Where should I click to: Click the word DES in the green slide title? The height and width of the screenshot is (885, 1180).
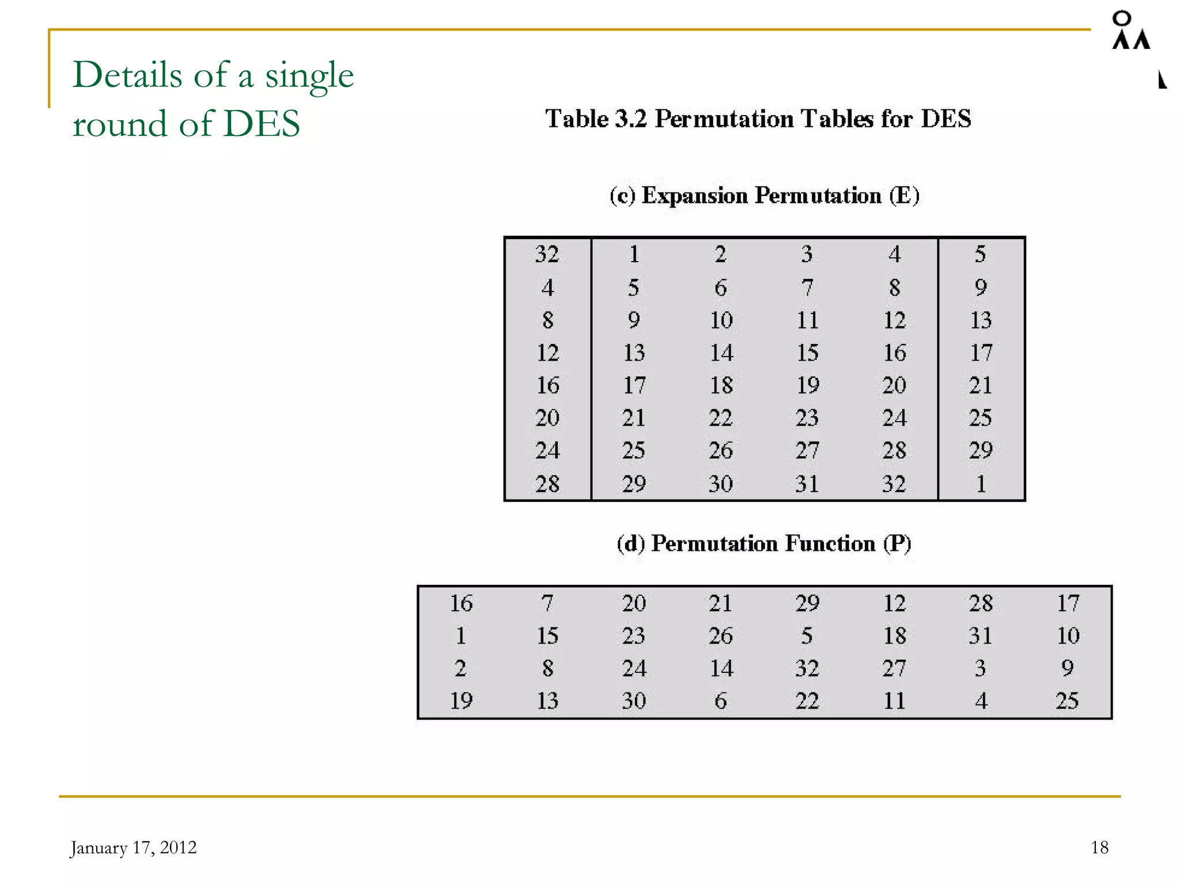pyautogui.click(x=262, y=123)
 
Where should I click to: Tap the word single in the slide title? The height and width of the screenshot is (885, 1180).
pyautogui.click(x=309, y=76)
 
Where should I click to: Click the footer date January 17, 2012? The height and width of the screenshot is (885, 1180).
pyautogui.click(x=133, y=848)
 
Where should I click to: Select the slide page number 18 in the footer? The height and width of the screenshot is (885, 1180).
pyautogui.click(x=1099, y=848)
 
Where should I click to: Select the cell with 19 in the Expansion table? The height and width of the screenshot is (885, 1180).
pyautogui.click(x=808, y=385)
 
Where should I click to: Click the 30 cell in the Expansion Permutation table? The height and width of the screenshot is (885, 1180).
pyautogui.click(x=721, y=484)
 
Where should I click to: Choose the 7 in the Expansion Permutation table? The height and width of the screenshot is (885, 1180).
pyautogui.click(x=808, y=287)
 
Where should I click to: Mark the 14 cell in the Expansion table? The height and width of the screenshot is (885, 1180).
pyautogui.click(x=721, y=353)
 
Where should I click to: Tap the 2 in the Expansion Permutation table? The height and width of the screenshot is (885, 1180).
pyautogui.click(x=721, y=254)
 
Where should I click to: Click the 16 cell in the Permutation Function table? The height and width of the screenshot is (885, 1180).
pyautogui.click(x=461, y=603)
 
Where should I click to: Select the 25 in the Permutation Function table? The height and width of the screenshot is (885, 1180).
pyautogui.click(x=1067, y=701)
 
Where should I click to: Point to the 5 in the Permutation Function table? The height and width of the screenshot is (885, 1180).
pyautogui.click(x=807, y=636)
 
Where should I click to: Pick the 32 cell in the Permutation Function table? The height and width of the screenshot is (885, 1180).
pyautogui.click(x=807, y=668)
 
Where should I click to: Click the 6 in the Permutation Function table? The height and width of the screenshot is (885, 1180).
pyautogui.click(x=721, y=701)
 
